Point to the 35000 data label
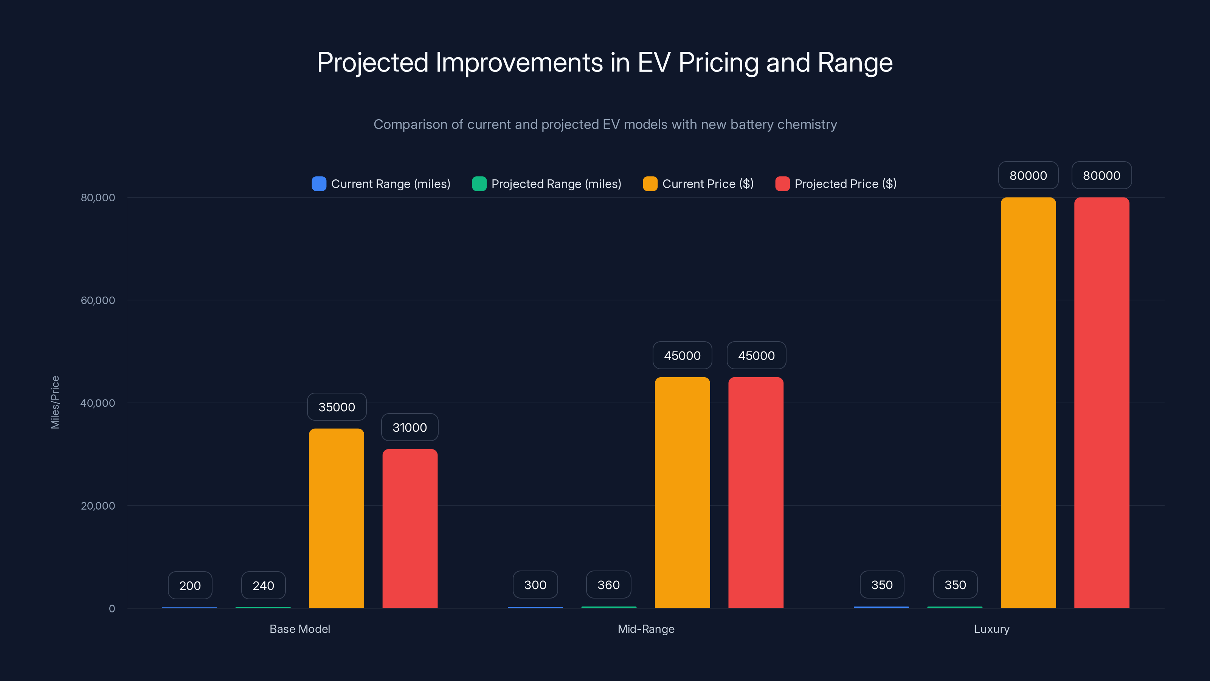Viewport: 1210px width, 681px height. point(336,407)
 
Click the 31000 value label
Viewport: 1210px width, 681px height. point(410,427)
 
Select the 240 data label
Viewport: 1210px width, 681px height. point(263,586)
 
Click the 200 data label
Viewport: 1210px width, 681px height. point(190,586)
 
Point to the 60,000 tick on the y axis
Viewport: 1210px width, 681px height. point(98,300)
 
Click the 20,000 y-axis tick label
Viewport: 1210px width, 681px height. point(98,506)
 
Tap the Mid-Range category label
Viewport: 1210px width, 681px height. point(646,629)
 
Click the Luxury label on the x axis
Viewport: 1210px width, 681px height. point(991,629)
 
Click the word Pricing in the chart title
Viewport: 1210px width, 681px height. point(718,62)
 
